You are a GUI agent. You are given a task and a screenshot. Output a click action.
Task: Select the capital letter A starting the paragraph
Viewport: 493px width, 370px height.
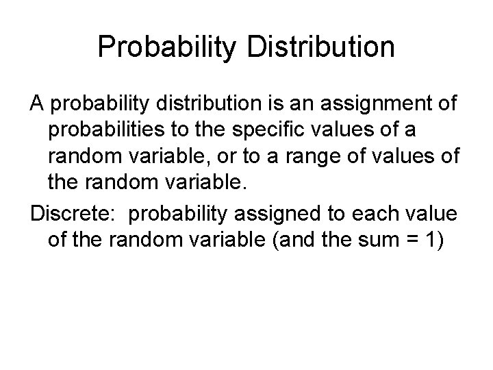pyautogui.click(x=36, y=105)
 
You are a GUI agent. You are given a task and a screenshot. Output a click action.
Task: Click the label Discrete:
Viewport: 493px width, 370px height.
pyautogui.click(x=74, y=213)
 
